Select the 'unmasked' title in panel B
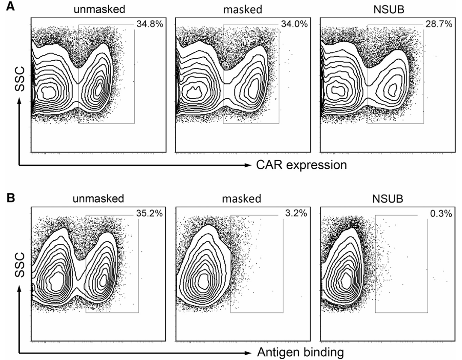tap(98, 198)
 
